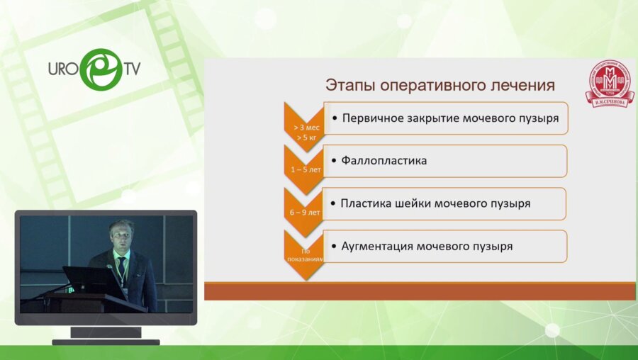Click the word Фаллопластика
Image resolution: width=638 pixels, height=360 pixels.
[384, 161]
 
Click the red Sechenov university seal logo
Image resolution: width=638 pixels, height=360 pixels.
[609, 84]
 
